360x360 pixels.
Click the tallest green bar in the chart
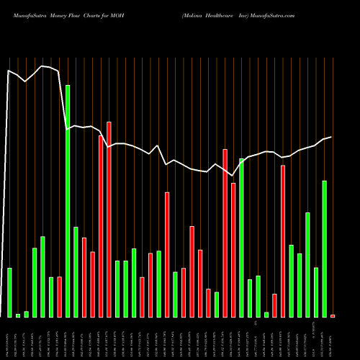coord(68,201)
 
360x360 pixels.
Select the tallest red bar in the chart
coord(109,220)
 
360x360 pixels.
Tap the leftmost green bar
coord(9,292)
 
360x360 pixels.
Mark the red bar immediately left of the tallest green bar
coord(59,297)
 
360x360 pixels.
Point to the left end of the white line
coord(8,71)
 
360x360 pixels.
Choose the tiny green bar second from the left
coord(18,315)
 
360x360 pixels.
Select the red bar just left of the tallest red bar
coord(101,226)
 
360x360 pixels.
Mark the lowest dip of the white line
coord(233,175)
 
